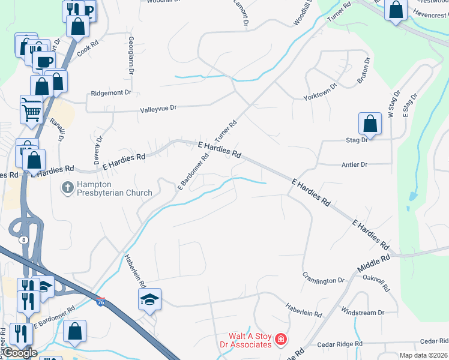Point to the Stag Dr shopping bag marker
click(x=370, y=124)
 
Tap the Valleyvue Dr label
click(x=158, y=109)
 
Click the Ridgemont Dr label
click(x=110, y=93)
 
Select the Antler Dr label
click(x=354, y=164)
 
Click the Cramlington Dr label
click(x=324, y=280)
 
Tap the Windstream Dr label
click(x=362, y=313)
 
